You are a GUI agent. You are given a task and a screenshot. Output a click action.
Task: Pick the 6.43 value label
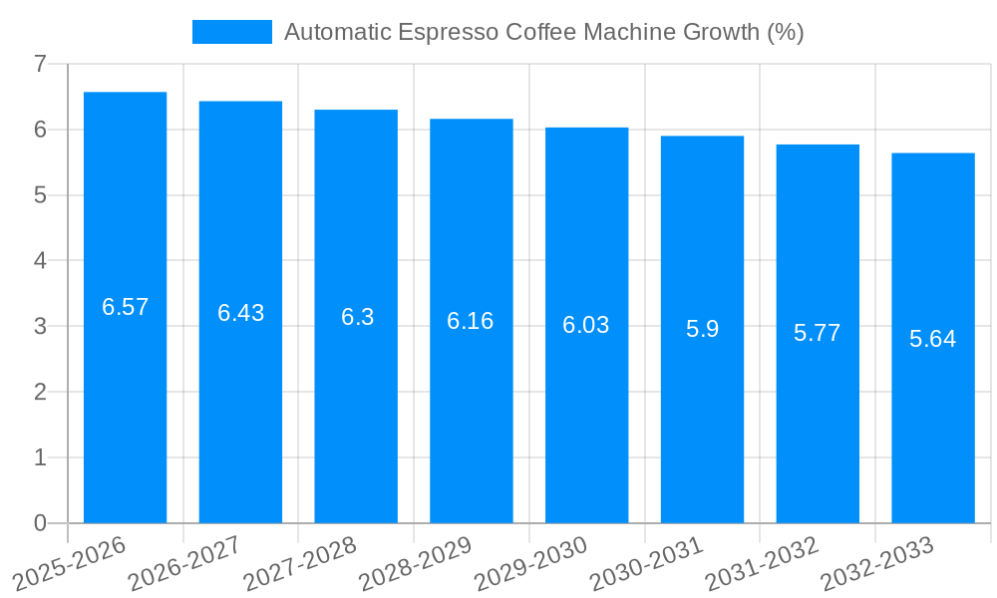[241, 313]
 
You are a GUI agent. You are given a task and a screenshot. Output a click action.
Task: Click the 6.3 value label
[357, 317]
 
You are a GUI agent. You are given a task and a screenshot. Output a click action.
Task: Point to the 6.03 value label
[586, 325]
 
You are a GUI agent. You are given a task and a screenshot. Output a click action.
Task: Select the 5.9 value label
[702, 329]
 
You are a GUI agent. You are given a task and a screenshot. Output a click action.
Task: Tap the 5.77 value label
[818, 333]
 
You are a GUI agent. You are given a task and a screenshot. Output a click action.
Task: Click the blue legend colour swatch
[231, 32]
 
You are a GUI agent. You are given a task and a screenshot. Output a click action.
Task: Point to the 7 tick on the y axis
[40, 64]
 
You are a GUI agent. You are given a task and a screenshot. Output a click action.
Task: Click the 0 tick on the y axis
[40, 523]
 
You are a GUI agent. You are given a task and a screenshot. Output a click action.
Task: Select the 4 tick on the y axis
[40, 261]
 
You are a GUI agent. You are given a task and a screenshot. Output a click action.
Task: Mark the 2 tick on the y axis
[40, 392]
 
